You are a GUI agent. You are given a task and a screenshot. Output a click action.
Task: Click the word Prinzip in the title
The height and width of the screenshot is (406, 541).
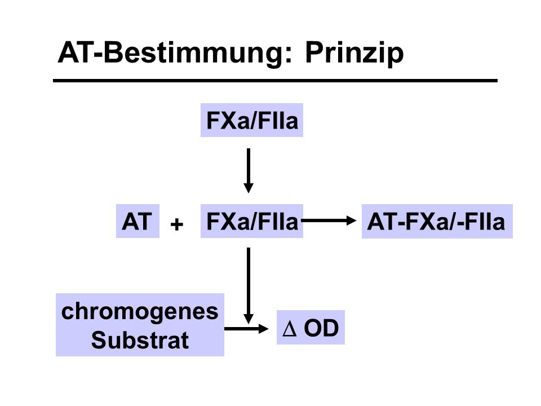[354, 54]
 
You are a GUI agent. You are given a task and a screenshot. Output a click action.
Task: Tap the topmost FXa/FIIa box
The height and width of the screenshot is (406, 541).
[252, 120]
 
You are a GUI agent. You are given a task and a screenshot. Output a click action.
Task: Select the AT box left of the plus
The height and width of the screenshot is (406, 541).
[138, 221]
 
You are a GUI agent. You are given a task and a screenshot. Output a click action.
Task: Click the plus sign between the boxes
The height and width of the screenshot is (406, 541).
[176, 224]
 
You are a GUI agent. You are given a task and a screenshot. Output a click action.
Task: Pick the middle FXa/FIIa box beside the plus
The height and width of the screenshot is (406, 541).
[252, 221]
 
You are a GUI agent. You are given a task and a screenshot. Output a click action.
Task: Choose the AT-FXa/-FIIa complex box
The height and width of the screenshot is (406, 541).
[437, 221]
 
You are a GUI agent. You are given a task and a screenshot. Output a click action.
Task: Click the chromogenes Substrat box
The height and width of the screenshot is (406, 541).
[140, 325]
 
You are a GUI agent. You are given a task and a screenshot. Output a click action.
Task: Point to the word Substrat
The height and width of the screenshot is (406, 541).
[140, 340]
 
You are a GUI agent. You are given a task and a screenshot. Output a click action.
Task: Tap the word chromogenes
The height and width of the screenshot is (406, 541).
[140, 312]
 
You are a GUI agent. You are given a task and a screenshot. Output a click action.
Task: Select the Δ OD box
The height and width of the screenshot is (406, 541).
[311, 327]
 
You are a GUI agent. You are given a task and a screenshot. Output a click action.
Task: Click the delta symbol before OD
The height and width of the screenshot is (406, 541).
[289, 328]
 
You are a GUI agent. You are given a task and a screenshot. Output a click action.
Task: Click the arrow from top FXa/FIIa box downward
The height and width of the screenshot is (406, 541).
[249, 170]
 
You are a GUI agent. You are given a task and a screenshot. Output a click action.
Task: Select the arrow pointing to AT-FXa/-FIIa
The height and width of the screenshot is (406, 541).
[329, 220]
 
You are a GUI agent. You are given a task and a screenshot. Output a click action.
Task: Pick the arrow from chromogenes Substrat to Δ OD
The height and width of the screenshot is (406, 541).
[246, 329]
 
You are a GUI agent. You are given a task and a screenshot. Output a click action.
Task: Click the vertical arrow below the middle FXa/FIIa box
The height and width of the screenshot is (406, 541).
[249, 285]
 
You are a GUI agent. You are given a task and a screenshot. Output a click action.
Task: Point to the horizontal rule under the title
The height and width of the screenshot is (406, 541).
[275, 81]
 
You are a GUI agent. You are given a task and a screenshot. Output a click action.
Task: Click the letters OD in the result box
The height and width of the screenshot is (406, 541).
[321, 328]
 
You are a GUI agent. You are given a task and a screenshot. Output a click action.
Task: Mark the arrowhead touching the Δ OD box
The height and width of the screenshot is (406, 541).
[264, 329]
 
